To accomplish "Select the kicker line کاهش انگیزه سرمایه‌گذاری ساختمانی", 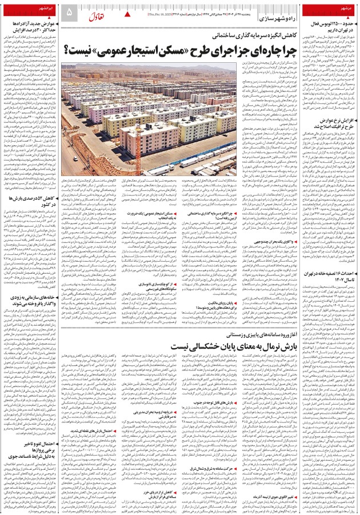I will pos(245,35).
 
